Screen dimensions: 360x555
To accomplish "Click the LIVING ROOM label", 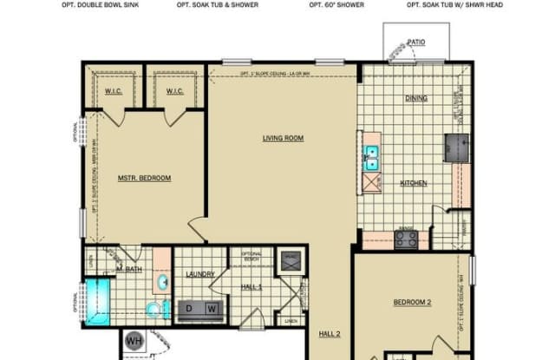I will click(x=283, y=138).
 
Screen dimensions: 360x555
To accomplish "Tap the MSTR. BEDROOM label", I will click(x=144, y=179).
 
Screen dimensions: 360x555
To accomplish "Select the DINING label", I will click(x=416, y=98).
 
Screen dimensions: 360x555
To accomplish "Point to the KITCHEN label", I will click(x=413, y=183).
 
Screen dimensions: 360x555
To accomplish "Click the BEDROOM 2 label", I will click(x=412, y=302).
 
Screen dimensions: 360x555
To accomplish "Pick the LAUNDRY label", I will click(x=199, y=275).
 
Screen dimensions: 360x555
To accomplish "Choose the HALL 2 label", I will click(x=329, y=334).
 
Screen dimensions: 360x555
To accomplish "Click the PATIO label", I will click(x=416, y=42).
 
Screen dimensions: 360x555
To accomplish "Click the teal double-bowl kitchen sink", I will click(x=371, y=157).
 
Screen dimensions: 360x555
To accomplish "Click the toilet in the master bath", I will click(x=153, y=310).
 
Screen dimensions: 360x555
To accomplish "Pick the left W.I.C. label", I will click(x=113, y=91).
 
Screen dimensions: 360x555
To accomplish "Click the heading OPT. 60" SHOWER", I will click(x=336, y=4).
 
